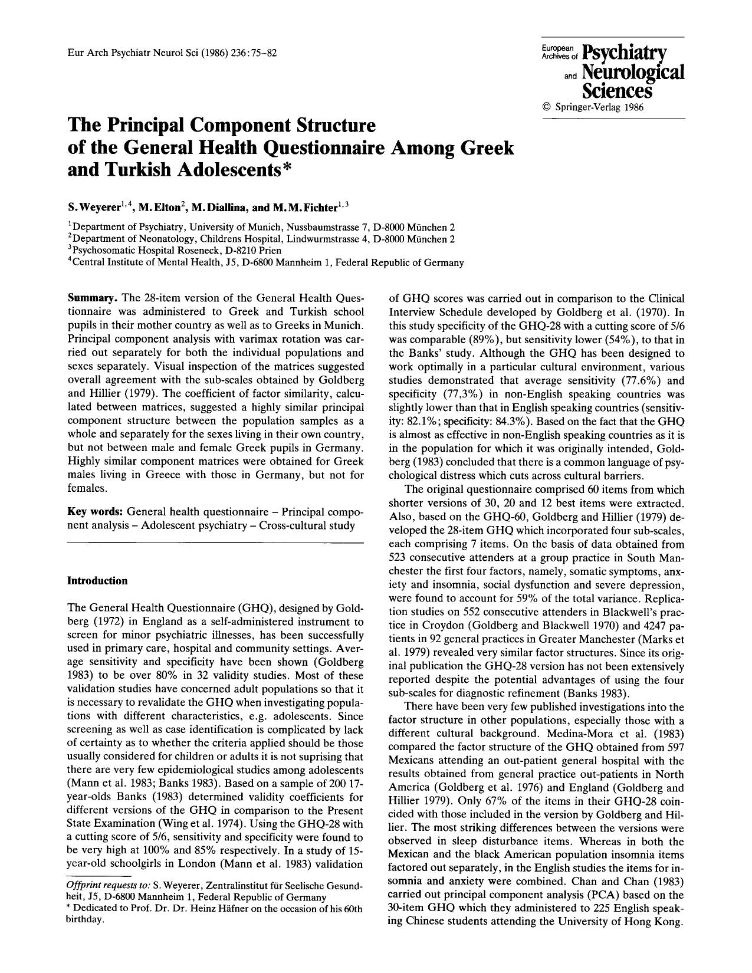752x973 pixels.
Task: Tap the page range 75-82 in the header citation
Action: click(x=261, y=52)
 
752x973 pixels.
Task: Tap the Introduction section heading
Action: click(x=97, y=581)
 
